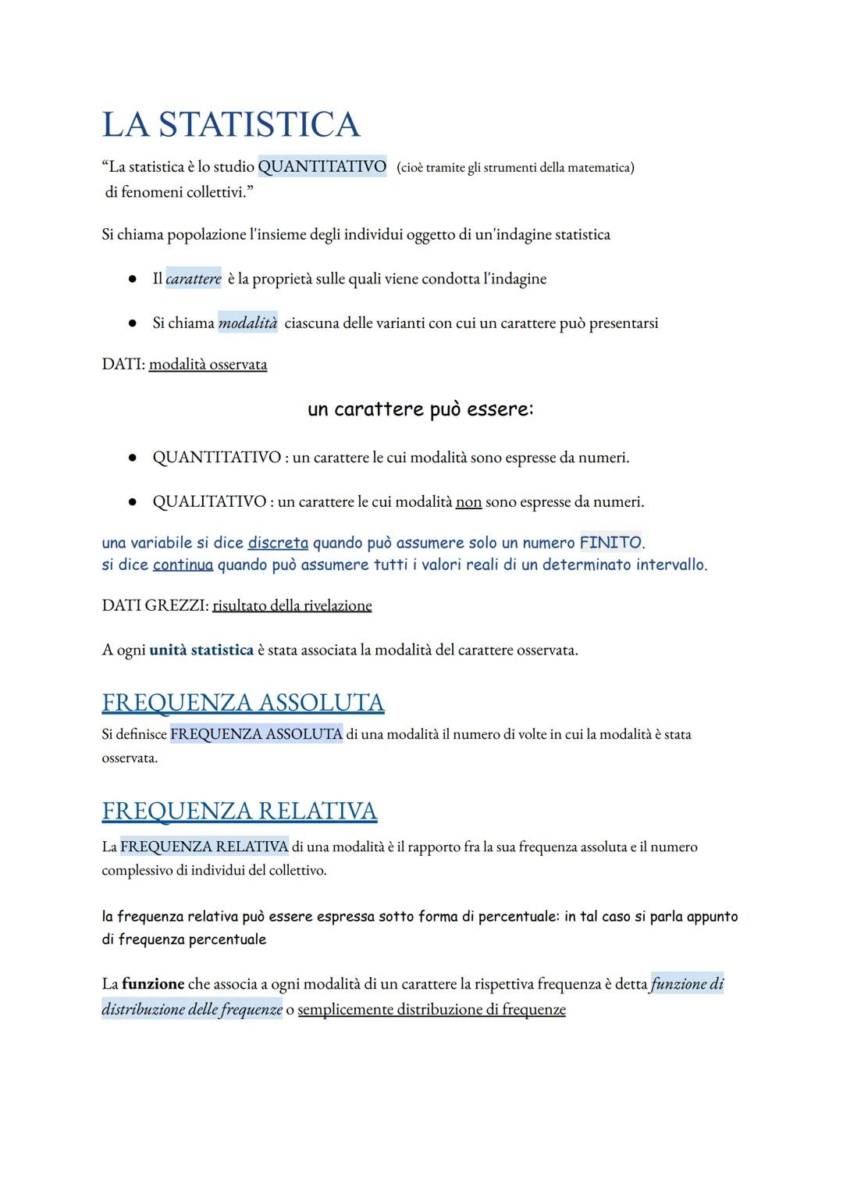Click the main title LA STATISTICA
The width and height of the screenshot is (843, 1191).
click(231, 125)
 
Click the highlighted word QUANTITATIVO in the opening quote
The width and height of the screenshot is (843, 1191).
click(322, 166)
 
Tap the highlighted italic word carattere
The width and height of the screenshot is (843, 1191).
click(193, 279)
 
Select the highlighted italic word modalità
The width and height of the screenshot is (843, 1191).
click(247, 323)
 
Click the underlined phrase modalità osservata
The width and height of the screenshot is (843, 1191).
click(208, 365)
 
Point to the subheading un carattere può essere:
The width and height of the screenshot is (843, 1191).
click(421, 409)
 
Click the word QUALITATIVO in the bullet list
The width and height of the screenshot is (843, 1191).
click(208, 501)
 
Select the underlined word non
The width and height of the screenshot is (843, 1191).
click(468, 501)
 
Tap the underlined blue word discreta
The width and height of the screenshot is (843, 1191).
click(278, 542)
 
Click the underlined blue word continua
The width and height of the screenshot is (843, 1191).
click(183, 565)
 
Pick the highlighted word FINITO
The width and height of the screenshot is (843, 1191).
click(610, 542)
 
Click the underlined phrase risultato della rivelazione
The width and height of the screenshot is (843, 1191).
click(292, 605)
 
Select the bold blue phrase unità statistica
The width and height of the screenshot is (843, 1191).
click(201, 650)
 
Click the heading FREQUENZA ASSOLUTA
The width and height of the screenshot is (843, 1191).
click(243, 702)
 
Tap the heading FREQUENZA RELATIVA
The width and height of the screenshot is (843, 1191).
click(239, 811)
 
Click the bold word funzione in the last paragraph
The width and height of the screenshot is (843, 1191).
click(153, 984)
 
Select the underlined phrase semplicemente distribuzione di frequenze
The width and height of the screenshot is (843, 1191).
click(432, 1009)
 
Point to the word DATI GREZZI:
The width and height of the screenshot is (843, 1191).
click(154, 605)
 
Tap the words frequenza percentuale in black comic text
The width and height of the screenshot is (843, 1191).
click(192, 940)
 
